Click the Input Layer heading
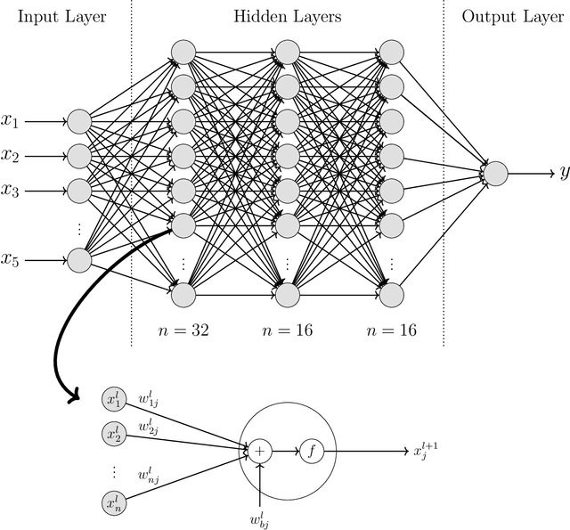(61, 16)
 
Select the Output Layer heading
(509, 16)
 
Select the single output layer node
(495, 173)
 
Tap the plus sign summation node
(258, 451)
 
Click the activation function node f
(311, 451)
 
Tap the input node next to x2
(79, 156)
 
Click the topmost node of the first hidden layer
(183, 52)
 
